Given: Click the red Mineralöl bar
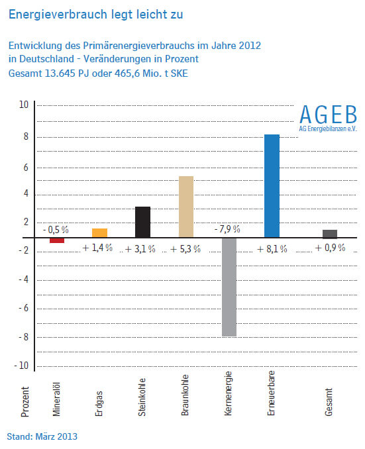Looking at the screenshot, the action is [57, 240].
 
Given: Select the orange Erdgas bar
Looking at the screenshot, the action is [100, 233].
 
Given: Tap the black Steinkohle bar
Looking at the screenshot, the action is [142, 222].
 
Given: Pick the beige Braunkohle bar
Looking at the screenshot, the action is [186, 207].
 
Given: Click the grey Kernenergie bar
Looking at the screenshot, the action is [229, 287].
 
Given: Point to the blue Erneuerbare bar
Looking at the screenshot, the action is [272, 186].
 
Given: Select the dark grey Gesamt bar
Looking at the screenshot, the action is [330, 234].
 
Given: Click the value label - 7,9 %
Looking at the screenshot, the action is [227, 229].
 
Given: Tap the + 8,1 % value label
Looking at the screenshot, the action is [272, 249].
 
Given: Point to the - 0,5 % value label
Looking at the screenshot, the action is [56, 230].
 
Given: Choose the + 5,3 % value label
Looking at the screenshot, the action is [185, 249].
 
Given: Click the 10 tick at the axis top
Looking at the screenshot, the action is [24, 105].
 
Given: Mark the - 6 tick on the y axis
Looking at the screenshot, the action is [23, 308].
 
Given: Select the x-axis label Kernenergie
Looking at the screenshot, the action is [228, 393].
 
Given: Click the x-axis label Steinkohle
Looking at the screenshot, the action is [142, 397].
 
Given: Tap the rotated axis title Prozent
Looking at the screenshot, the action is [25, 402].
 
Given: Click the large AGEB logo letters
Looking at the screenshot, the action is [329, 115].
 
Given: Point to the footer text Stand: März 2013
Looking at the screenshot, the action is [42, 436].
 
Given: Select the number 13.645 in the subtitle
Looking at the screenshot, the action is [60, 74].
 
